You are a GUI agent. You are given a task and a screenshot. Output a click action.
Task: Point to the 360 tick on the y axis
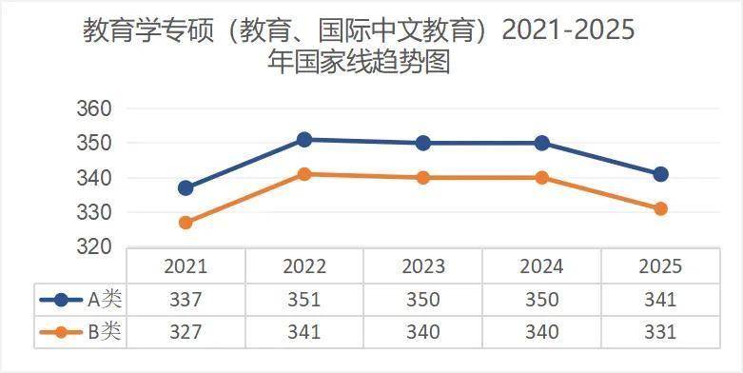pyautogui.click(x=94, y=108)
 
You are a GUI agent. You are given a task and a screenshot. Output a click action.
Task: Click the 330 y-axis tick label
pyautogui.click(x=94, y=212)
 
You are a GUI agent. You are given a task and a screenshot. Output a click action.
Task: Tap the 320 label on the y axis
pyautogui.click(x=94, y=246)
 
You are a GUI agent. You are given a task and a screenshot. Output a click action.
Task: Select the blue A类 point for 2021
pyautogui.click(x=186, y=187)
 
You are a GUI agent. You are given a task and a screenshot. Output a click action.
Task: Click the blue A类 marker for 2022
pyautogui.click(x=304, y=140)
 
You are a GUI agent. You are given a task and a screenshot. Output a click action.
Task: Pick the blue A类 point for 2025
pyautogui.click(x=660, y=174)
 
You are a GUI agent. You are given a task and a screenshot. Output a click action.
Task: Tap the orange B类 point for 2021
pyautogui.click(x=186, y=223)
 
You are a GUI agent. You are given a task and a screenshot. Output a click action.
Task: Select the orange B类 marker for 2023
pyautogui.click(x=423, y=177)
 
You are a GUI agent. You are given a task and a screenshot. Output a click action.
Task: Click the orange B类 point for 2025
pyautogui.click(x=660, y=208)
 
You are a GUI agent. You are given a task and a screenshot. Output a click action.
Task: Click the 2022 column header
pyautogui.click(x=304, y=266)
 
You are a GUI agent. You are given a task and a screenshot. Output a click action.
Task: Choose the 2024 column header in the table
pyautogui.click(x=541, y=266)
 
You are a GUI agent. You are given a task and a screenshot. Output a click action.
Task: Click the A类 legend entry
pyautogui.click(x=81, y=299)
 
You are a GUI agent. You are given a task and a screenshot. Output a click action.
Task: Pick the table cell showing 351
pyautogui.click(x=304, y=299)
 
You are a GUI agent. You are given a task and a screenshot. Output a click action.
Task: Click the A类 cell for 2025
pyautogui.click(x=659, y=299)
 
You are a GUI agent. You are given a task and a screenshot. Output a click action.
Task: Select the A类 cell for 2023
pyautogui.click(x=423, y=299)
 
